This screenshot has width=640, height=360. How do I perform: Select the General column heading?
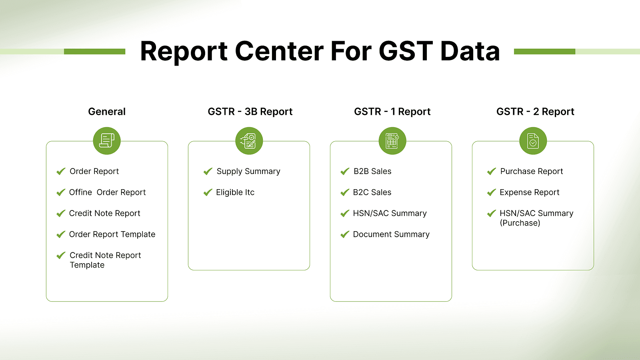pyautogui.click(x=107, y=112)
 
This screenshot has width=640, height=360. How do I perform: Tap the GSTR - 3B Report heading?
pyautogui.click(x=250, y=112)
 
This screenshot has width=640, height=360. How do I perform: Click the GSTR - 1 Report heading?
pyautogui.click(x=392, y=112)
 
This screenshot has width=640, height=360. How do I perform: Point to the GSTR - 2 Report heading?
pyautogui.click(x=535, y=112)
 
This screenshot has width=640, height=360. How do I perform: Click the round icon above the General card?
pyautogui.click(x=107, y=141)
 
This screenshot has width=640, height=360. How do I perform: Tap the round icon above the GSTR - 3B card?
pyautogui.click(x=249, y=141)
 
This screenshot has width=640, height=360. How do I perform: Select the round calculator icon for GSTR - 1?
pyautogui.click(x=392, y=141)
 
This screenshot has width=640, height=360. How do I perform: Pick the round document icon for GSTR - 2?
pyautogui.click(x=533, y=141)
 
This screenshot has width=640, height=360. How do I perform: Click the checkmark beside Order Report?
pyautogui.click(x=61, y=172)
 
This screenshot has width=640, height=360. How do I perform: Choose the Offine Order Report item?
pyautogui.click(x=107, y=192)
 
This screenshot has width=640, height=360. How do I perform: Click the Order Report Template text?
pyautogui.click(x=112, y=234)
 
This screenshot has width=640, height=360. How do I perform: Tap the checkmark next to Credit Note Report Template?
pyautogui.click(x=61, y=255)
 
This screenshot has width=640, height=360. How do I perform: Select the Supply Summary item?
pyautogui.click(x=248, y=172)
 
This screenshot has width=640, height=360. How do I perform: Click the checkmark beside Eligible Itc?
pyautogui.click(x=208, y=192)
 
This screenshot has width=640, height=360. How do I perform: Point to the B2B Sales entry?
pyautogui.click(x=372, y=172)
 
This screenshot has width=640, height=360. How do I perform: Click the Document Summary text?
pyautogui.click(x=391, y=234)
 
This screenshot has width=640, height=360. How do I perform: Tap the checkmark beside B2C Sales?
pyautogui.click(x=345, y=192)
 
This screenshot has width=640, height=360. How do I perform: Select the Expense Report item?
pyautogui.click(x=529, y=192)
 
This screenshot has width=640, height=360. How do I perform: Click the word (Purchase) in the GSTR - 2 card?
pyautogui.click(x=520, y=223)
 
